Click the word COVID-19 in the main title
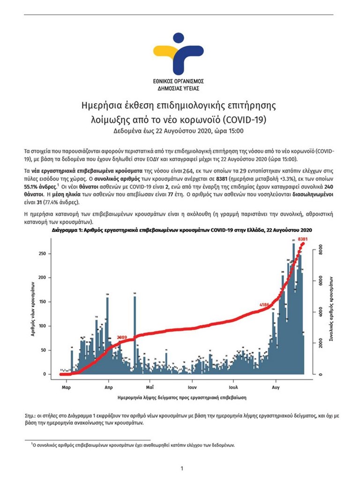pos(248,119)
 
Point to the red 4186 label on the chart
pos(265,305)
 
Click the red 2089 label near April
pos(122,337)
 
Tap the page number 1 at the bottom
pos(181,468)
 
